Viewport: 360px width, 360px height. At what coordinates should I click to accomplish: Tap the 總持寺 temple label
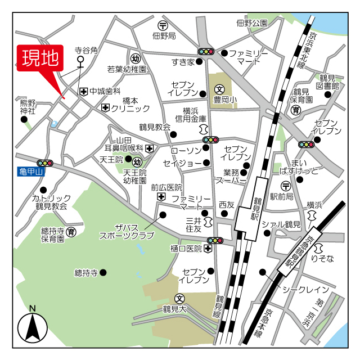pos(86,273)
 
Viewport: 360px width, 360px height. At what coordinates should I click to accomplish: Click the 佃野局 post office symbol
pos(163,25)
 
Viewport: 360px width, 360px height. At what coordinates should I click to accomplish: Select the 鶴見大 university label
pos(174,309)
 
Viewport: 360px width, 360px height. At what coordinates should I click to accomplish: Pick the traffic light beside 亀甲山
pos(44,163)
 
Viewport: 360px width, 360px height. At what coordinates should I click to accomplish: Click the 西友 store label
pos(226,205)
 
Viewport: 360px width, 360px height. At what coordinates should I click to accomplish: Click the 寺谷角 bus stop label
pos(86,50)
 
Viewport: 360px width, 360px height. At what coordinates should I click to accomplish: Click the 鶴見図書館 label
pos(329,82)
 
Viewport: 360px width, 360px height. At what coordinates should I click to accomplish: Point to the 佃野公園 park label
pos(251,23)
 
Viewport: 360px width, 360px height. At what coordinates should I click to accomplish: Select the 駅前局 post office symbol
pos(286,186)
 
